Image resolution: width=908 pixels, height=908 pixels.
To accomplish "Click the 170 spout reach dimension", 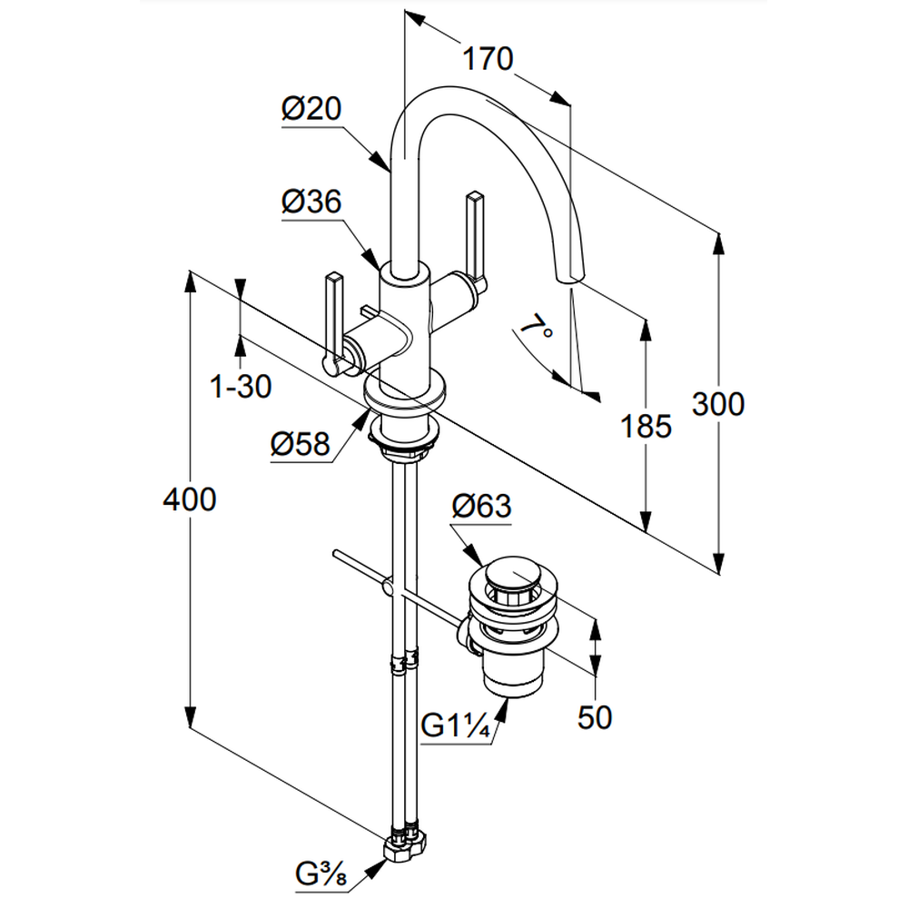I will click(488, 60).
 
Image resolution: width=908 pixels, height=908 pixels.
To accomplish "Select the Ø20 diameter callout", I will click(311, 111).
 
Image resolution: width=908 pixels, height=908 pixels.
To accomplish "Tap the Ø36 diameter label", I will click(311, 202).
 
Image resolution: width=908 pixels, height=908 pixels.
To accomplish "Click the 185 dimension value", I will click(646, 425).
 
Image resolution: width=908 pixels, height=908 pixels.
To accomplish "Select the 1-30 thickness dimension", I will click(241, 388).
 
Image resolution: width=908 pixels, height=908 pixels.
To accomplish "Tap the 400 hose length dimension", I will click(189, 498).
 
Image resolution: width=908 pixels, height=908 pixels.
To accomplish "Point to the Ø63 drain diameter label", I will click(481, 507).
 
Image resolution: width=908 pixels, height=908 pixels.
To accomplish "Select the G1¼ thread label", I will click(457, 727).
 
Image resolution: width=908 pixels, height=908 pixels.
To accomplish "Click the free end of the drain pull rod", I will click(336, 553).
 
